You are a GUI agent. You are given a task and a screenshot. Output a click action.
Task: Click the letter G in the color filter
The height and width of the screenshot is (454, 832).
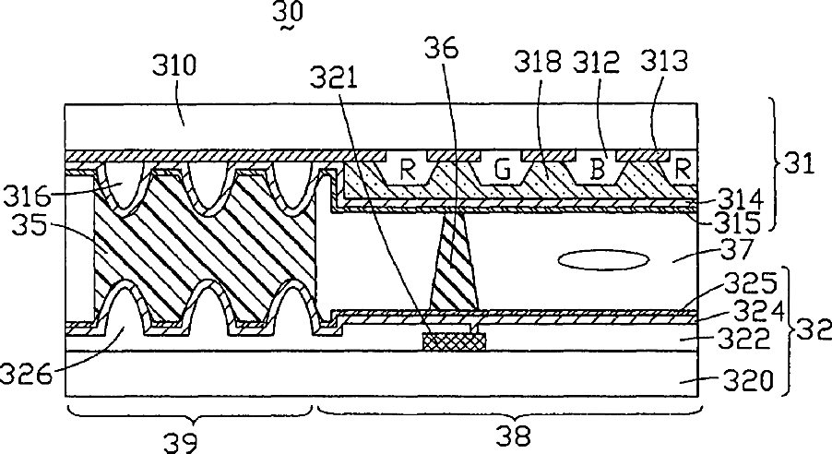click(502, 171)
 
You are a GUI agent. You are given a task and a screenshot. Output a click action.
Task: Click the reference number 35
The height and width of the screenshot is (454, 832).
click(34, 224)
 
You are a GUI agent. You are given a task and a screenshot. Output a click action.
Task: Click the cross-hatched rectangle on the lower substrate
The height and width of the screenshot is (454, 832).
click(454, 341)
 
